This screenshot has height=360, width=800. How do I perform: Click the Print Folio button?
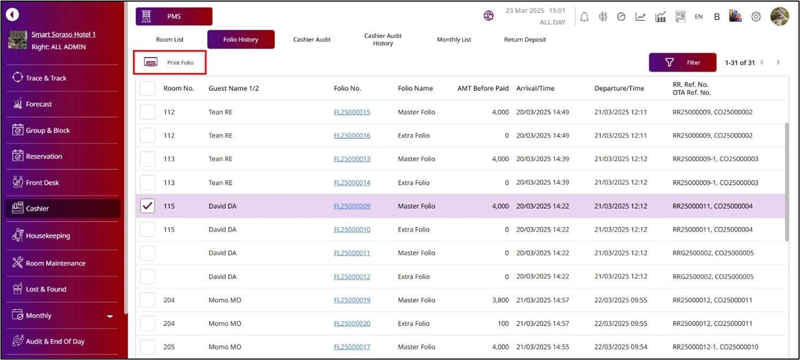coord(170,62)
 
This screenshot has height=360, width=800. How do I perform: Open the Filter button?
coord(682,62)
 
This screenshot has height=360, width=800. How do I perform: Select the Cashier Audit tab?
coord(312,40)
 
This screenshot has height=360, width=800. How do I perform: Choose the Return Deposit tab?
coord(525,40)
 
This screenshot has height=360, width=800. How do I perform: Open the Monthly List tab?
coord(454,40)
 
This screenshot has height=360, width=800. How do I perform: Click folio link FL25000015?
coord(352,112)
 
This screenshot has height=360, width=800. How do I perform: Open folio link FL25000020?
coord(352,324)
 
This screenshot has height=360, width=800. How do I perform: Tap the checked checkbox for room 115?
coord(147,206)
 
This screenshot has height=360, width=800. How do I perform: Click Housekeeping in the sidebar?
coord(48,236)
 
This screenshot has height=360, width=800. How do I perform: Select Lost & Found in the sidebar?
coord(46,289)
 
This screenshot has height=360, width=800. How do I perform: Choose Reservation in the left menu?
coord(44,156)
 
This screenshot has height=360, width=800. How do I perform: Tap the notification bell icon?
coord(584,17)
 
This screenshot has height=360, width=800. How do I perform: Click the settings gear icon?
coord(756,17)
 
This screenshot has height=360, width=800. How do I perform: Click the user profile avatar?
coord(779,17)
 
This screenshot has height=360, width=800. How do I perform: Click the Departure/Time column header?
coord(619,89)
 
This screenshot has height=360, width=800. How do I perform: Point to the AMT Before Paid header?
coord(483,89)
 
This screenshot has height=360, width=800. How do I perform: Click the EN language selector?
coord(698,17)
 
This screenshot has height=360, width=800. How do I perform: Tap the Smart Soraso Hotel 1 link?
coord(64,35)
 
